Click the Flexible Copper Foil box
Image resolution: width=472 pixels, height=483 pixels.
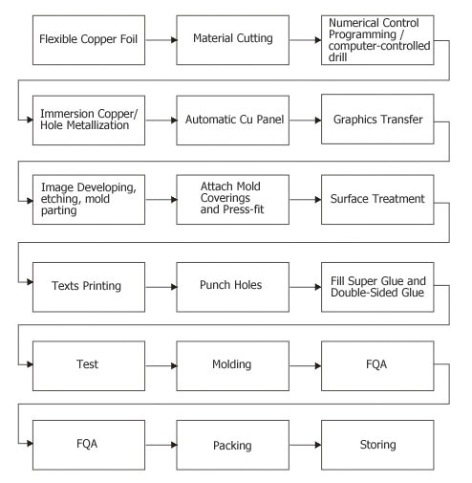click(x=89, y=40)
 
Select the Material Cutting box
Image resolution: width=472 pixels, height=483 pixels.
click(x=233, y=40)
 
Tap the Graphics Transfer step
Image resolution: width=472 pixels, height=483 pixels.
click(x=377, y=120)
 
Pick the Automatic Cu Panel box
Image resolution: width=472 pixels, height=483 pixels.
click(x=233, y=121)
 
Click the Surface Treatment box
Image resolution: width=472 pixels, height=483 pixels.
click(x=377, y=200)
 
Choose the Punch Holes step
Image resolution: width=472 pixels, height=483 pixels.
click(x=233, y=287)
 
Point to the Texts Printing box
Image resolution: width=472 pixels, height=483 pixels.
click(x=89, y=287)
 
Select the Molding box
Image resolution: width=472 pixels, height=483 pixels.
click(x=233, y=365)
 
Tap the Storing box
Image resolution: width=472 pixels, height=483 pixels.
click(x=377, y=445)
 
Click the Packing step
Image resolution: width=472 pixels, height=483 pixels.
click(x=233, y=445)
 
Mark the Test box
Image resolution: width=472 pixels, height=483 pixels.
click(x=89, y=365)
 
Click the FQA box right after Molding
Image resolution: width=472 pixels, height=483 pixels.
click(x=377, y=365)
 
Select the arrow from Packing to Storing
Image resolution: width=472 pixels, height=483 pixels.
click(x=306, y=445)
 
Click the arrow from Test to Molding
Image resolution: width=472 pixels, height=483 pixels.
click(x=161, y=365)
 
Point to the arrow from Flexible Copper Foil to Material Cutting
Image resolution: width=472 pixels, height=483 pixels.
click(x=161, y=40)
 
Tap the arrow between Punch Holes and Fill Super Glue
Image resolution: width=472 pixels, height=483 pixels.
click(x=306, y=287)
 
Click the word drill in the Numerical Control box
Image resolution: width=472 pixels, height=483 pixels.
click(x=337, y=57)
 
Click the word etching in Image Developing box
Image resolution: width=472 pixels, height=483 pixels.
click(x=57, y=199)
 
